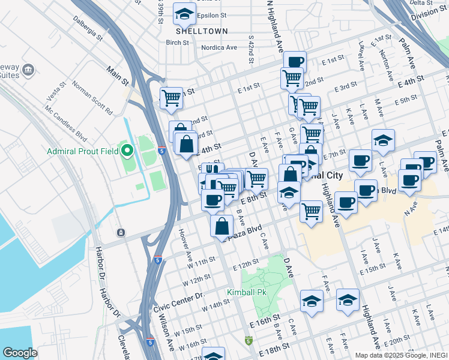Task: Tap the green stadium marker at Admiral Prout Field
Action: pyautogui.click(x=126, y=149)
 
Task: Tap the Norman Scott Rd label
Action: pyautogui.click(x=92, y=97)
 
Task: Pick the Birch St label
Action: pyautogui.click(x=178, y=43)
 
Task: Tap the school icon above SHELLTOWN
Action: pyautogui.click(x=184, y=13)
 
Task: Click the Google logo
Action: pyautogui.click(x=20, y=352)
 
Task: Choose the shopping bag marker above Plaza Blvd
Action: pyautogui.click(x=221, y=226)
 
